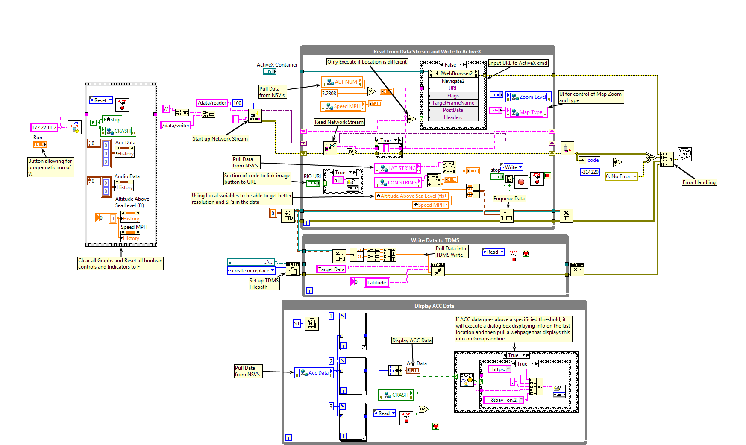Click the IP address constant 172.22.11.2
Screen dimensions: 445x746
pos(44,127)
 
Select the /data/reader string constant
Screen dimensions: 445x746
pos(212,103)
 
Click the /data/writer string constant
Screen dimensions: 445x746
pos(176,126)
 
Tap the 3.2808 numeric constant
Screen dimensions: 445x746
pos(329,93)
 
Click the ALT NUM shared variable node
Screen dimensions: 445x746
pos(342,82)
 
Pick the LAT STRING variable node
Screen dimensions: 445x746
pos(398,168)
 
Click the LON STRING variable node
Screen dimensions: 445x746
pos(398,183)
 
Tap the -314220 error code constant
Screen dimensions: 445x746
pos(590,172)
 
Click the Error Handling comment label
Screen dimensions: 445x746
pos(699,182)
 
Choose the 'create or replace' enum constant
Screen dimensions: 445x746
pos(251,271)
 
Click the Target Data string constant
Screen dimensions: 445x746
pos(331,269)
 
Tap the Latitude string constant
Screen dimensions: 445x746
pos(376,283)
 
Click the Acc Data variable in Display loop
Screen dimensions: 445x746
pos(314,373)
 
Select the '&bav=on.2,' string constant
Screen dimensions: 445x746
pos(504,400)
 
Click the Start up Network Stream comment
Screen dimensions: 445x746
pos(220,139)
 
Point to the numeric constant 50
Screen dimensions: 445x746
pos(297,324)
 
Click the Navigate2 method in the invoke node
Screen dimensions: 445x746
pos(453,81)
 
